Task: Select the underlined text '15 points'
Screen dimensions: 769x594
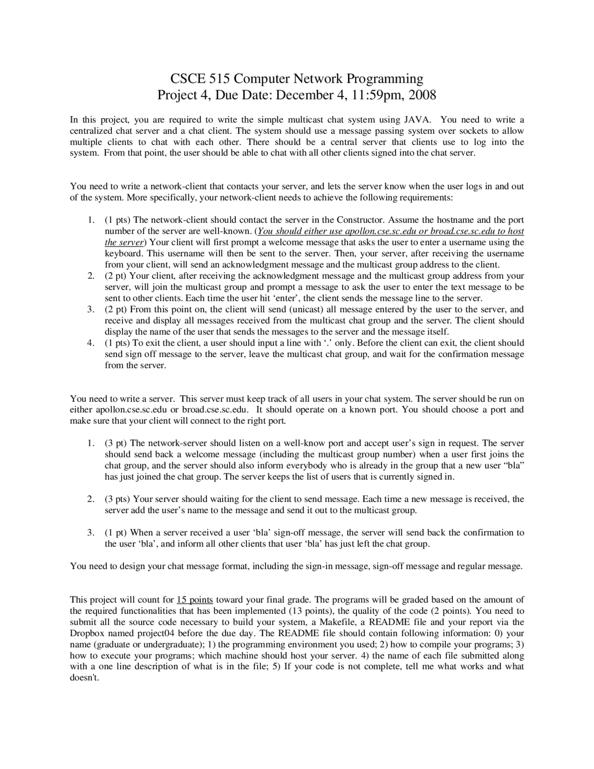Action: tap(195, 600)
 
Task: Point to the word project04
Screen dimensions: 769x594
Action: tap(156, 633)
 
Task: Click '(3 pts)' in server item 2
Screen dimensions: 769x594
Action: tap(117, 500)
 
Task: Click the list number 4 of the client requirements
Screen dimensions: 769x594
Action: tap(90, 343)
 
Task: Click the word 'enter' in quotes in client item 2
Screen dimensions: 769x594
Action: tap(287, 298)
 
